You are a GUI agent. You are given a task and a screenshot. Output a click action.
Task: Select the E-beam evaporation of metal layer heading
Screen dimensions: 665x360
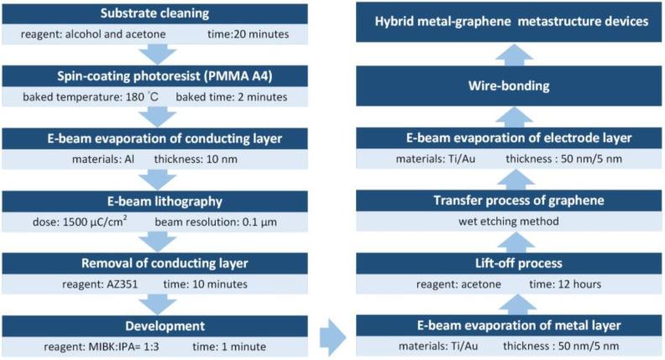(508, 324)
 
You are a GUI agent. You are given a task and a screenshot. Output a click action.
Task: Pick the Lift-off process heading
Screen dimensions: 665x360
(508, 263)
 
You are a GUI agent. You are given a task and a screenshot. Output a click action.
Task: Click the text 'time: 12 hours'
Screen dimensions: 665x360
(564, 284)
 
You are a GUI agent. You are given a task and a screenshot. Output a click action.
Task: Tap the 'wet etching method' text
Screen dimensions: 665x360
(508, 222)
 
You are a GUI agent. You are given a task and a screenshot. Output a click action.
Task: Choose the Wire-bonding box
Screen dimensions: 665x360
(508, 85)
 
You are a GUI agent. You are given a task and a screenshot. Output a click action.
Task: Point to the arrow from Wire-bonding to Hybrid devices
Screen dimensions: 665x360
(508, 54)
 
